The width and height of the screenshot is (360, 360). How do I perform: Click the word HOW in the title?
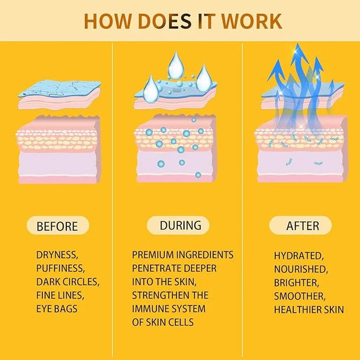tap(106, 20)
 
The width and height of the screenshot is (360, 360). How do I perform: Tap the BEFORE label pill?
tap(57, 226)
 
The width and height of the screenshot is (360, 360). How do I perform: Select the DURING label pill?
tap(181, 225)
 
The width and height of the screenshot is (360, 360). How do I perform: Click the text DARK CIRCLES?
tap(68, 282)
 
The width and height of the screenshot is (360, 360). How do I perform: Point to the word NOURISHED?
tap(301, 269)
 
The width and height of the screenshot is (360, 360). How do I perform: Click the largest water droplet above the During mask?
tap(175, 64)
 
